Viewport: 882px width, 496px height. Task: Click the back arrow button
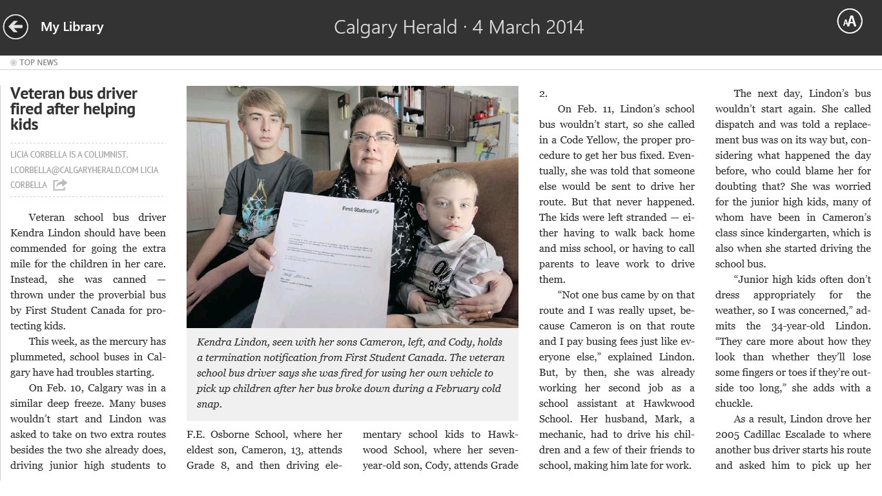[x=15, y=26]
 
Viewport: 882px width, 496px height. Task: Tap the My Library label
[x=72, y=26]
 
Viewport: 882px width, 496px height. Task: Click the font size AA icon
[x=850, y=21]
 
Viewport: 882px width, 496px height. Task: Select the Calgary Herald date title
[x=458, y=27]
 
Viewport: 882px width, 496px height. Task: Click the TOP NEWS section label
[x=38, y=62]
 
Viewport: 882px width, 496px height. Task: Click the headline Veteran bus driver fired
[x=74, y=108]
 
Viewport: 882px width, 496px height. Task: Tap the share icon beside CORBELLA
[x=60, y=185]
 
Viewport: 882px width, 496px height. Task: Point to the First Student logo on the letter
[x=360, y=209]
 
